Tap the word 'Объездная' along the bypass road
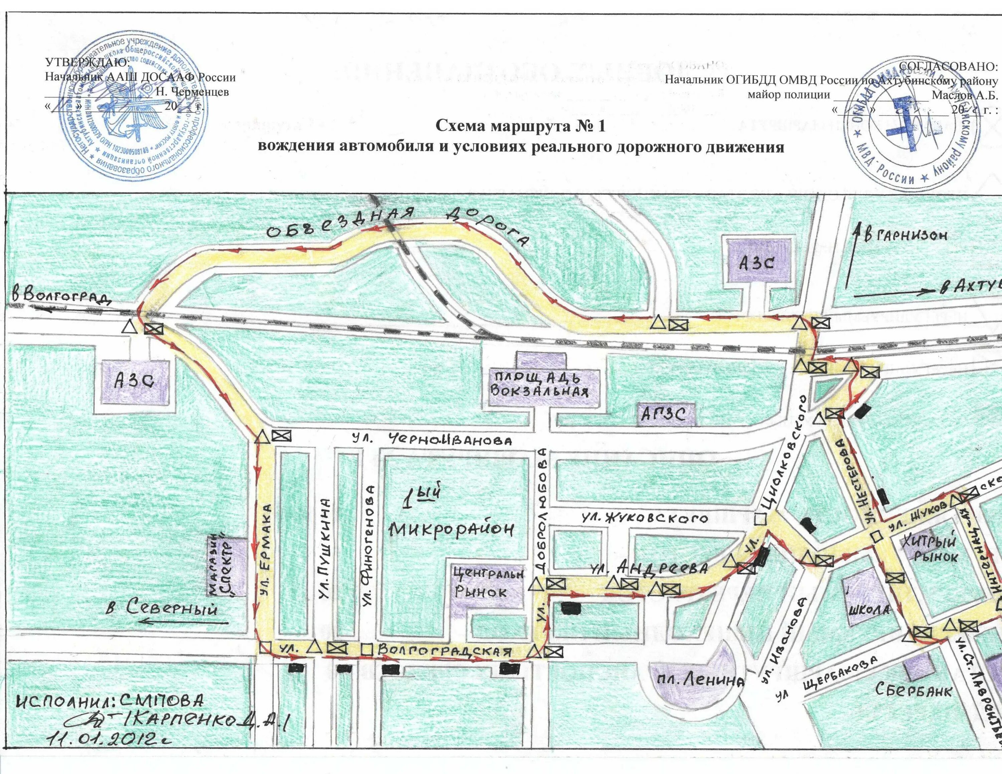[339, 223]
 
